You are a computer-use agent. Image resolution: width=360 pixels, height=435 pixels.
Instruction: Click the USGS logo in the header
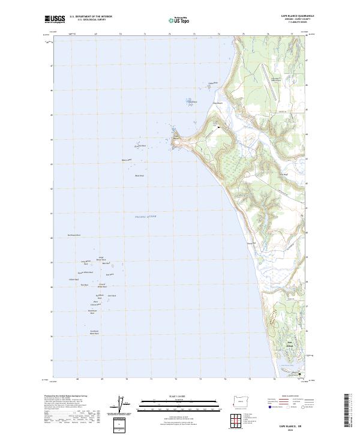coord(55,19)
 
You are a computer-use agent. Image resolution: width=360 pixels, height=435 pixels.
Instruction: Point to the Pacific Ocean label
coord(145,217)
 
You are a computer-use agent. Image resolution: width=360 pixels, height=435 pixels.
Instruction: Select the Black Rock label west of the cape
coord(139,175)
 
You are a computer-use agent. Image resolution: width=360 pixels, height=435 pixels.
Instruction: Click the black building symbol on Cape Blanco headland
coord(218,127)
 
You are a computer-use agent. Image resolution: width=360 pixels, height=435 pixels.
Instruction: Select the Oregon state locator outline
coord(240,400)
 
